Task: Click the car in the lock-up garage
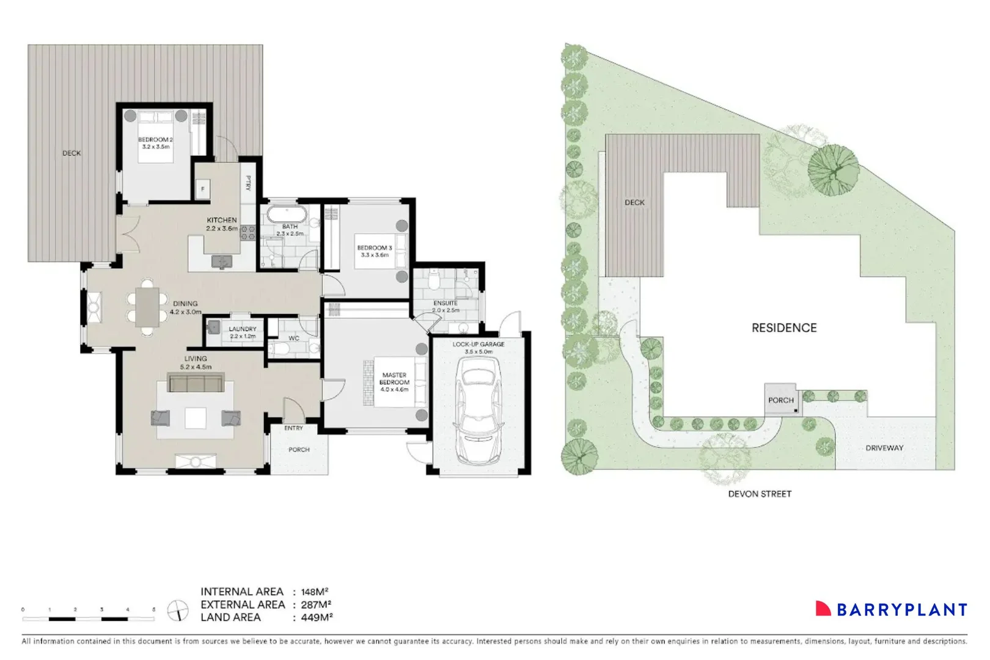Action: point(478,411)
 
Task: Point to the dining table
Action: point(147,307)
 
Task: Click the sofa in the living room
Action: point(196,384)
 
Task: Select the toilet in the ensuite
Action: point(434,280)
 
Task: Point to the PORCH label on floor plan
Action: point(299,449)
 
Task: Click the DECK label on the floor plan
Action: point(71,153)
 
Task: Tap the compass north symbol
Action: point(178,610)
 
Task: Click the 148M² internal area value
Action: point(315,592)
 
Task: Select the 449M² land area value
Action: point(317,617)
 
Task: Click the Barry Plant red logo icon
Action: point(823,608)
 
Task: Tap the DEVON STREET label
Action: point(760,494)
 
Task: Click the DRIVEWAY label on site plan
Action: point(884,447)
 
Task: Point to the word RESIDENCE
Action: point(784,328)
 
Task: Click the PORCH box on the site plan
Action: point(781,400)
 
